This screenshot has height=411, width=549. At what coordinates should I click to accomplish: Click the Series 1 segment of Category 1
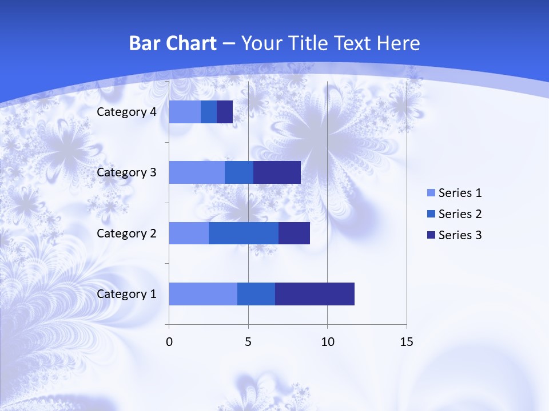pos(203,294)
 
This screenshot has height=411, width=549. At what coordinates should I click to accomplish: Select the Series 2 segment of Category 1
pos(256,294)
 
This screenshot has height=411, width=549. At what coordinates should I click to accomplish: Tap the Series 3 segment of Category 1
pos(315,294)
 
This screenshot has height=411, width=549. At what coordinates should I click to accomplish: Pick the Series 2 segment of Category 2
pos(244,233)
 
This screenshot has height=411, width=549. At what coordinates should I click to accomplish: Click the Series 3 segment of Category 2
pos(294,233)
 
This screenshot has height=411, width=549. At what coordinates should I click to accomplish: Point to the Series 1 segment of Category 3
pos(197,172)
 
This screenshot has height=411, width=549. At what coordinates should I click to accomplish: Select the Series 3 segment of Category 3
pos(277,172)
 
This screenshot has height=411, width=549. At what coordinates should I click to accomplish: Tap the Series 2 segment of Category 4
pos(209,112)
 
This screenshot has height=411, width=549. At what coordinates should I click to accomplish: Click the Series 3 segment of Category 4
pos(225,112)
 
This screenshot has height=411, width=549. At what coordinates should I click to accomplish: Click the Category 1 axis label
pos(126,294)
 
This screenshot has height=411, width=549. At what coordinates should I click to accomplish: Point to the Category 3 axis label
pos(126,172)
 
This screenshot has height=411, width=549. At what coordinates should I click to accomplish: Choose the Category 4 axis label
pos(126,112)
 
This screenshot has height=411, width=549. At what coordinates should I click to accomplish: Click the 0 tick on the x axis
pos(169,342)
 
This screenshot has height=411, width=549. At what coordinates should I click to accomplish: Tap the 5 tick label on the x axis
pos(248,342)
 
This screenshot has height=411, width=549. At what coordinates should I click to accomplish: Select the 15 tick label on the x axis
pos(406,342)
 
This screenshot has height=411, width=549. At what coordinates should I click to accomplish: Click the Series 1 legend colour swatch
pos(431,193)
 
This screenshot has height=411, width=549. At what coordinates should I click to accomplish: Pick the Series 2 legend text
pos(460,214)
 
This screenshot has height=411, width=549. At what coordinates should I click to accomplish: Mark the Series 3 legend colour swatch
pos(431,235)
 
